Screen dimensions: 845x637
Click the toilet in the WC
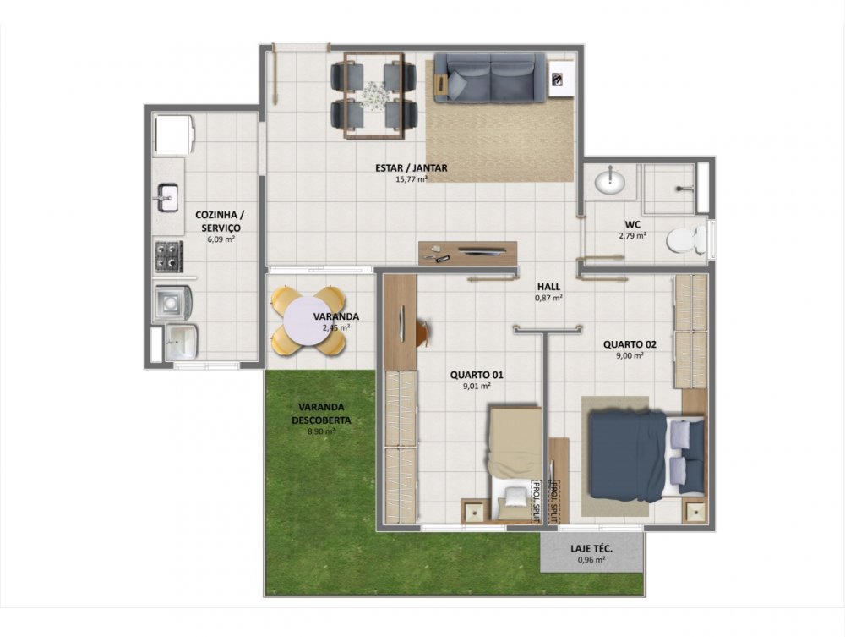pos(685,240)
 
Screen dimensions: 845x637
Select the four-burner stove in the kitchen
pos(169,256)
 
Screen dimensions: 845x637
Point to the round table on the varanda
pos(308,321)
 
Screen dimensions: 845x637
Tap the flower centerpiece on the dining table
pos(374,95)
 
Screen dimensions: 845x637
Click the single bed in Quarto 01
pos(515,464)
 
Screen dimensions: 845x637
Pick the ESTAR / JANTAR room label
pos(412,167)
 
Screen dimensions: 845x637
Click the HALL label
pos(548,287)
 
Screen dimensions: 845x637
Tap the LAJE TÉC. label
pos(591,549)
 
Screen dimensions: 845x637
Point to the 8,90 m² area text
pos(321,431)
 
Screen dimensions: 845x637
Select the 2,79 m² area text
pos(633,235)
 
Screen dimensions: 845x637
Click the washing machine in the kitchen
pos(173,303)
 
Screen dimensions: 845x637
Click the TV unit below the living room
pos(468,253)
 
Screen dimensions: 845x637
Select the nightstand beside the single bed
pos(475,511)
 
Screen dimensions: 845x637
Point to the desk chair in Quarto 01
pos(423,331)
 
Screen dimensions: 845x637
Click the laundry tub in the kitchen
pos(181,341)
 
